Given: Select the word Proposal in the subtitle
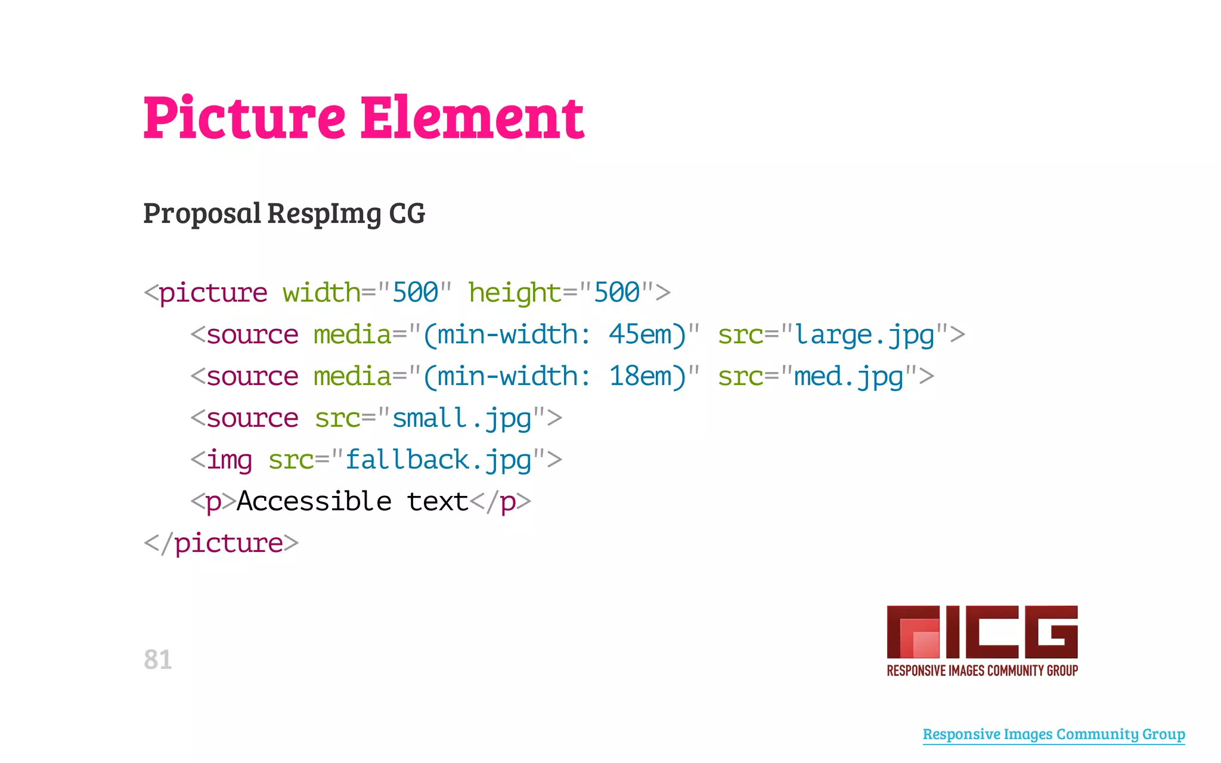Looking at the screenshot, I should (x=202, y=214).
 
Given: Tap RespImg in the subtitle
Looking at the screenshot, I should (x=324, y=214).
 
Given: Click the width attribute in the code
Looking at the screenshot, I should (x=321, y=293).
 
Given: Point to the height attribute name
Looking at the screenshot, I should (x=515, y=293).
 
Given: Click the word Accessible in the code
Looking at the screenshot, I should (x=314, y=501).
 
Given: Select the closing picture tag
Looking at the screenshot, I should (x=221, y=543).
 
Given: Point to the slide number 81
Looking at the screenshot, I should (x=157, y=660).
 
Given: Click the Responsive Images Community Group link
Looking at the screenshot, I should (x=1053, y=734).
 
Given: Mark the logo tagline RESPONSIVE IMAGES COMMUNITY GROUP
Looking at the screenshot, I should (x=982, y=671).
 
